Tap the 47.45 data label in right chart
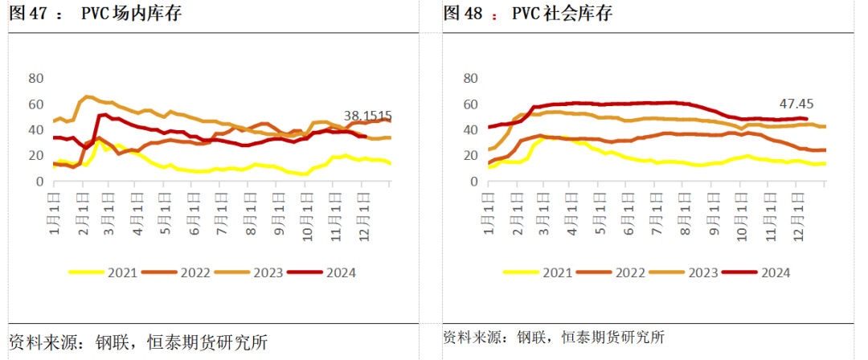[x=796, y=104]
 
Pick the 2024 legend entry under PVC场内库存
[x=326, y=272]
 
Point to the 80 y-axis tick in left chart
[x=35, y=78]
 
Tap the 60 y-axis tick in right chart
[x=470, y=104]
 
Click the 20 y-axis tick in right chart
[x=470, y=156]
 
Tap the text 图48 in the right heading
[x=461, y=14]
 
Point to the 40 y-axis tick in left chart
[x=35, y=130]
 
